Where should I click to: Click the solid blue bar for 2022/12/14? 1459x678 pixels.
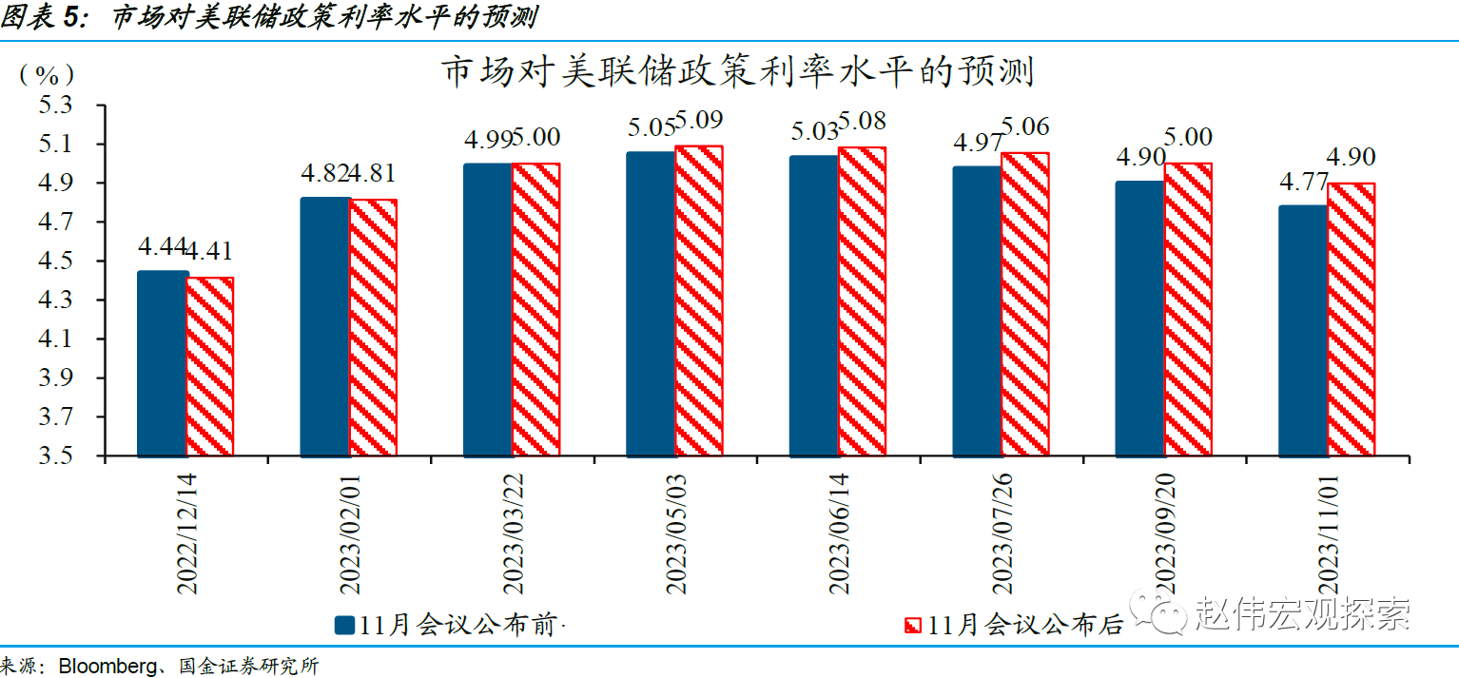click(x=163, y=363)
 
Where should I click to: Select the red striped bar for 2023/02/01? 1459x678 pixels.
click(x=373, y=328)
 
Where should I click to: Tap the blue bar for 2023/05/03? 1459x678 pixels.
click(x=651, y=303)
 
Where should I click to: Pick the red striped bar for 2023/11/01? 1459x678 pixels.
click(x=1352, y=320)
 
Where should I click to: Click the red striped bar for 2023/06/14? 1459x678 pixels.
click(x=862, y=301)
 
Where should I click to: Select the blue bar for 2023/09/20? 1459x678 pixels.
click(x=1139, y=319)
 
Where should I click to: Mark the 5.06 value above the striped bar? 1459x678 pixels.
click(x=1024, y=127)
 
